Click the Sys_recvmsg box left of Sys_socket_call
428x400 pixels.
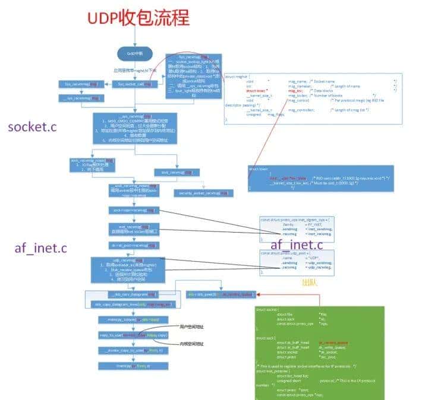pyautogui.click(x=84, y=84)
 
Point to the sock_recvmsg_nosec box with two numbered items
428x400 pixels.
pyautogui.click(x=92, y=164)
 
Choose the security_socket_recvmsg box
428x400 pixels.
pyautogui.click(x=203, y=193)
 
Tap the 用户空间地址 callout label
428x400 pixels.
pyautogui.click(x=191, y=327)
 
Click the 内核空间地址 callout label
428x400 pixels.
pyautogui.click(x=191, y=344)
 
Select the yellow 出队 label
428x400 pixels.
pyautogui.click(x=310, y=283)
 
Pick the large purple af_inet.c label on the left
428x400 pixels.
pyautogui.click(x=38, y=248)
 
